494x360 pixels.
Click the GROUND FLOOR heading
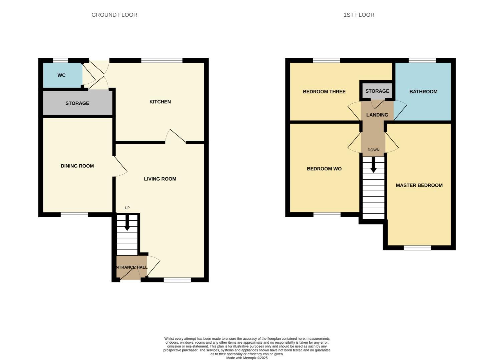tap(114, 15)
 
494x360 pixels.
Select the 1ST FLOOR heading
tap(359, 15)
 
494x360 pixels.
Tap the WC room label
tap(61, 75)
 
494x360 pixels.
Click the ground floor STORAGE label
tap(77, 103)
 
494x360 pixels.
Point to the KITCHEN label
tap(160, 102)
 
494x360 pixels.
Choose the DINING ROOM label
tap(77, 166)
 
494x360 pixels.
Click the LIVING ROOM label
tap(160, 179)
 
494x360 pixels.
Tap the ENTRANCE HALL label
tap(131, 267)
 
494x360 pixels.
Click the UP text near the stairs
tap(127, 208)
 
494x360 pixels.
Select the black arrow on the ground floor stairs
tap(127, 223)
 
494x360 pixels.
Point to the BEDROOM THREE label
tap(324, 92)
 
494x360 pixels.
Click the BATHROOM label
tap(423, 92)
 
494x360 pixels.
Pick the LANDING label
tap(377, 115)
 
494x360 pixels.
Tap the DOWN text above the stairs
tap(373, 150)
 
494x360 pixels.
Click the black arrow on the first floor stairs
tap(373, 165)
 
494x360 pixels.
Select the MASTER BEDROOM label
tap(419, 185)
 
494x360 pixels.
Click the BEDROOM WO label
tap(324, 169)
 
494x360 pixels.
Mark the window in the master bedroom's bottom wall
tap(417, 248)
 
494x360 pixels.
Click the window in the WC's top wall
tap(60, 60)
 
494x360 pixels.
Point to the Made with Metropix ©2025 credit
tap(247, 358)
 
